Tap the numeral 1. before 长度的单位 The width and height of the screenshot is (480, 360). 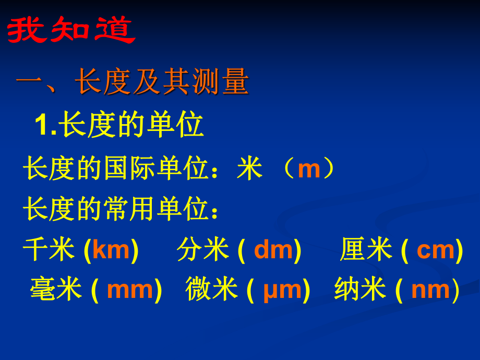pos(45,126)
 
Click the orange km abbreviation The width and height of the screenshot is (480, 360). pos(111,250)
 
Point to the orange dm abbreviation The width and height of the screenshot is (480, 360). pos(273,250)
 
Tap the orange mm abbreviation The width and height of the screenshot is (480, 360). pos(130,290)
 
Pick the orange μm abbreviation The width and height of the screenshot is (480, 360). pos(282,290)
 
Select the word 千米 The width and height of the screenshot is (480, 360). pos(50,250)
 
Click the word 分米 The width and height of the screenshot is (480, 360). pos(203,250)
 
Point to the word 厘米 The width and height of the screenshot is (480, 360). pos(366,250)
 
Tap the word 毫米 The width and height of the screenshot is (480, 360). pos(56,290)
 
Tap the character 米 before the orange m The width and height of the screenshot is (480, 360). pos(249,170)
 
